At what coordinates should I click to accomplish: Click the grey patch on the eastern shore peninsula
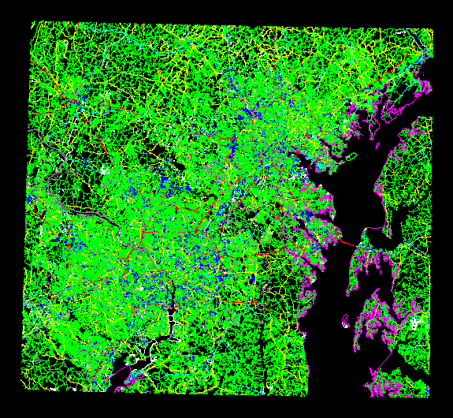pyautogui.click(x=388, y=231)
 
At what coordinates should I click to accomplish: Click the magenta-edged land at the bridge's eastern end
pyautogui.click(x=364, y=252)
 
